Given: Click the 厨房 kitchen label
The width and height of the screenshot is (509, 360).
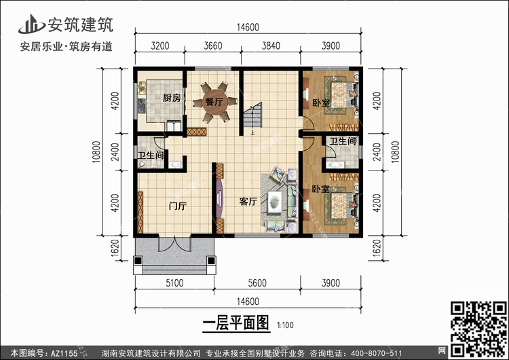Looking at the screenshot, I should [x=172, y=98].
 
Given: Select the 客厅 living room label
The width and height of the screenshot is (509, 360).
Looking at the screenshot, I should [x=248, y=202].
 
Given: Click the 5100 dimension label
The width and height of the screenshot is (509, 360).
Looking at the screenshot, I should [x=174, y=285].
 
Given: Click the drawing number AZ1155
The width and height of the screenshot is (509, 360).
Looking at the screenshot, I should [x=64, y=353].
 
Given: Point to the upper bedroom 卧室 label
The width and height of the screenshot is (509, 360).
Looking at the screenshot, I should [x=321, y=103].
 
